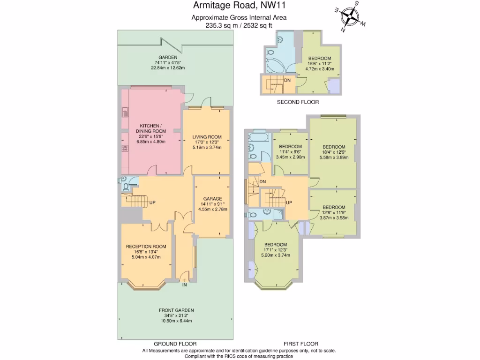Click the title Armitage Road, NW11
(x=239, y=6)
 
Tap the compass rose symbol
(x=349, y=17)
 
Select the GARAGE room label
(x=212, y=198)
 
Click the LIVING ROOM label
(x=207, y=137)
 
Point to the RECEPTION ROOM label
(x=146, y=246)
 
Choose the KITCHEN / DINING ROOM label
(x=151, y=128)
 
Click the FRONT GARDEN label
(x=176, y=310)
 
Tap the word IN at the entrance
(x=185, y=284)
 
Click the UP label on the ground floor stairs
(x=152, y=202)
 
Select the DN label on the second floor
(x=287, y=80)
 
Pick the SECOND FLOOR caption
(x=298, y=102)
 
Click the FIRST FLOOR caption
(x=301, y=344)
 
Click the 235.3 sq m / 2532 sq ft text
(x=239, y=26)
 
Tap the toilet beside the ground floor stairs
(x=125, y=187)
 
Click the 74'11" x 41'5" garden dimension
(x=168, y=62)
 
